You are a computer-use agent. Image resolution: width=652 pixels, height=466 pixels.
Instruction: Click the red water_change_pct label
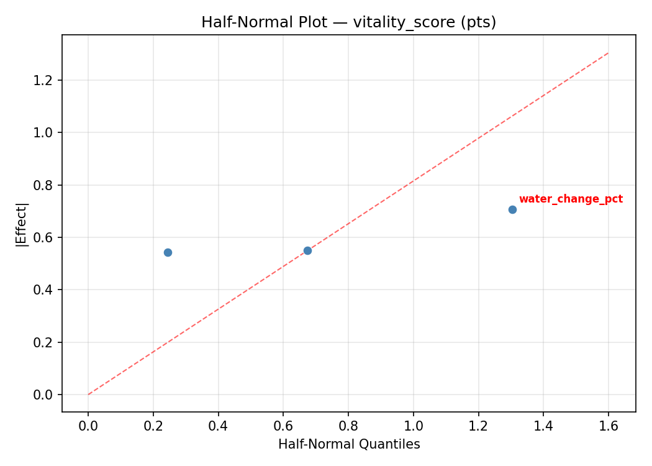[x=571, y=199]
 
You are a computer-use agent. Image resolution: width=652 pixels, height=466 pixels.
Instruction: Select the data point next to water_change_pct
[x=512, y=209]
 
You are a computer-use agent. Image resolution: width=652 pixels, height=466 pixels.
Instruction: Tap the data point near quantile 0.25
[x=168, y=252]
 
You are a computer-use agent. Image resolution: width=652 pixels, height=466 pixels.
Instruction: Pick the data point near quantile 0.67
[x=307, y=250]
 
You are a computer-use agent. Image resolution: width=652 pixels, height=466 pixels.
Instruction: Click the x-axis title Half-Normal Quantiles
[x=349, y=444]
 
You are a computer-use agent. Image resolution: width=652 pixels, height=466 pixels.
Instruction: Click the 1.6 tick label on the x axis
[x=608, y=426]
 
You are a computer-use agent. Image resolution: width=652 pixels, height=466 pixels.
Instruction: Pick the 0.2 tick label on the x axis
[x=153, y=426]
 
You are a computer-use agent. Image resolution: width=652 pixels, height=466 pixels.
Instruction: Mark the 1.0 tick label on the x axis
[x=413, y=426]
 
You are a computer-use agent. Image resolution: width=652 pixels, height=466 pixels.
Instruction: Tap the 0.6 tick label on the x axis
[x=283, y=426]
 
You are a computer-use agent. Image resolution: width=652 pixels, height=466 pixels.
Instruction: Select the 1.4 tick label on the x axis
[x=543, y=426]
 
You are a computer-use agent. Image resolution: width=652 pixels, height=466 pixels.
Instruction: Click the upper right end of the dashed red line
[x=608, y=53]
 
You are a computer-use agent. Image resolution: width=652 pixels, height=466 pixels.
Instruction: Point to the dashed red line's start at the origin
[x=88, y=395]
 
